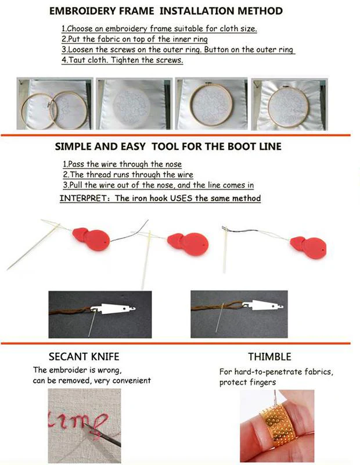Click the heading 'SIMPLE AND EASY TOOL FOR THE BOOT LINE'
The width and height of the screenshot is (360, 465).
(168, 147)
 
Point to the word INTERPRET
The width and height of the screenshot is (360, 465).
(84, 198)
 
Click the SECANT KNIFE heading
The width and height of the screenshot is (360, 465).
(84, 357)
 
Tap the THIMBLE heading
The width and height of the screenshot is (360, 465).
(269, 357)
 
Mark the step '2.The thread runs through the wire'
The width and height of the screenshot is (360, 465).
(128, 174)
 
